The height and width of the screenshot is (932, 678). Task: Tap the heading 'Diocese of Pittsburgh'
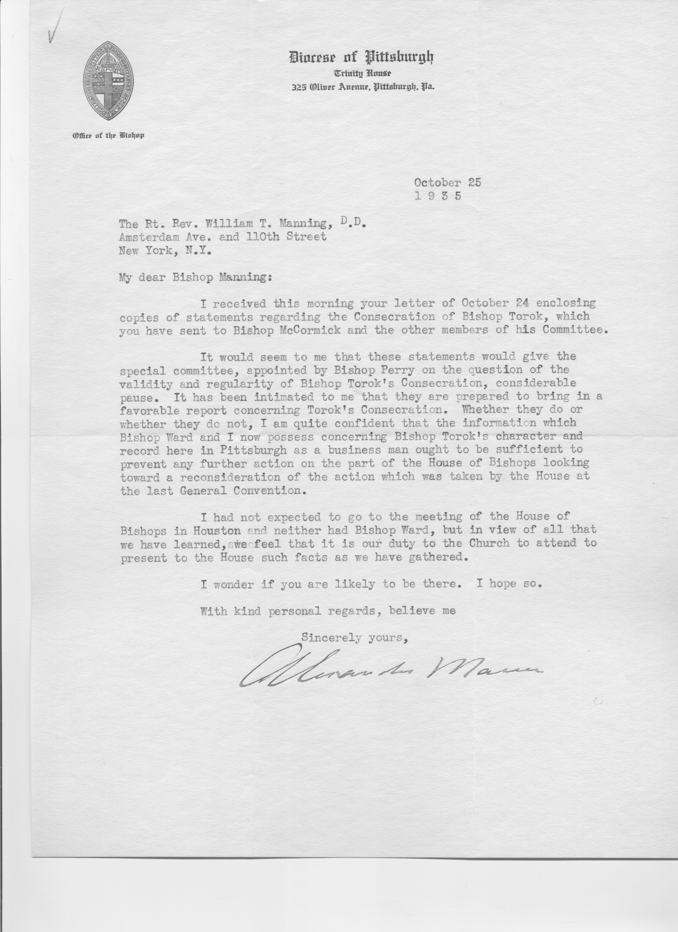click(x=361, y=57)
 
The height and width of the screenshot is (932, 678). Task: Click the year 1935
click(x=438, y=196)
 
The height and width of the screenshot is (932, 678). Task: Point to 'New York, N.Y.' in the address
click(x=166, y=251)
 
